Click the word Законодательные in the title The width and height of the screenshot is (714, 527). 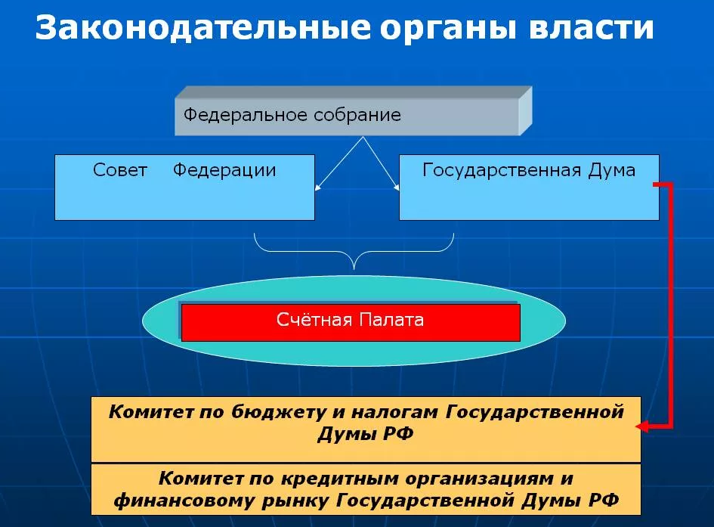click(202, 28)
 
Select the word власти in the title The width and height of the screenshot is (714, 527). click(592, 28)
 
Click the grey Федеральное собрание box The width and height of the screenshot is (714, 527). click(354, 110)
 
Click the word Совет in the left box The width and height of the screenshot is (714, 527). click(120, 170)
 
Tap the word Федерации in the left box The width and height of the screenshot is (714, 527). click(224, 171)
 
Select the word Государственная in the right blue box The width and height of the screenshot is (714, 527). click(502, 170)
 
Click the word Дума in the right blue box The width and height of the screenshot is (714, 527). click(611, 170)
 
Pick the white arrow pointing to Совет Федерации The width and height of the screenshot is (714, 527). click(338, 163)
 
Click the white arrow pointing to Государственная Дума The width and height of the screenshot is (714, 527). click(381, 163)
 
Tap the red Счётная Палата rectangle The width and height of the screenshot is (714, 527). click(351, 323)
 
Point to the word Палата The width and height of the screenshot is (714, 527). click(391, 319)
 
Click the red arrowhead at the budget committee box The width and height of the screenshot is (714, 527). click(642, 426)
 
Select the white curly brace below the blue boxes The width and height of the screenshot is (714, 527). click(354, 252)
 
